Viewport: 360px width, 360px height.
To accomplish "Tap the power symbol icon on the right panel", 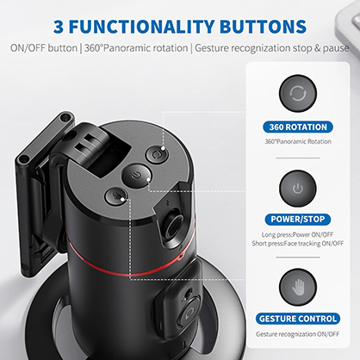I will [x=298, y=188].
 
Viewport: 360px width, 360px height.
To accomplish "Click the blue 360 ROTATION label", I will [x=298, y=127].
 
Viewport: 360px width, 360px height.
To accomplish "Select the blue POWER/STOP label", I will [x=298, y=219].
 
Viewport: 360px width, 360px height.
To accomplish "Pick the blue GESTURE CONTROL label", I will [x=298, y=318].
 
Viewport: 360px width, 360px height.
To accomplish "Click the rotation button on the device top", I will [x=155, y=156].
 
